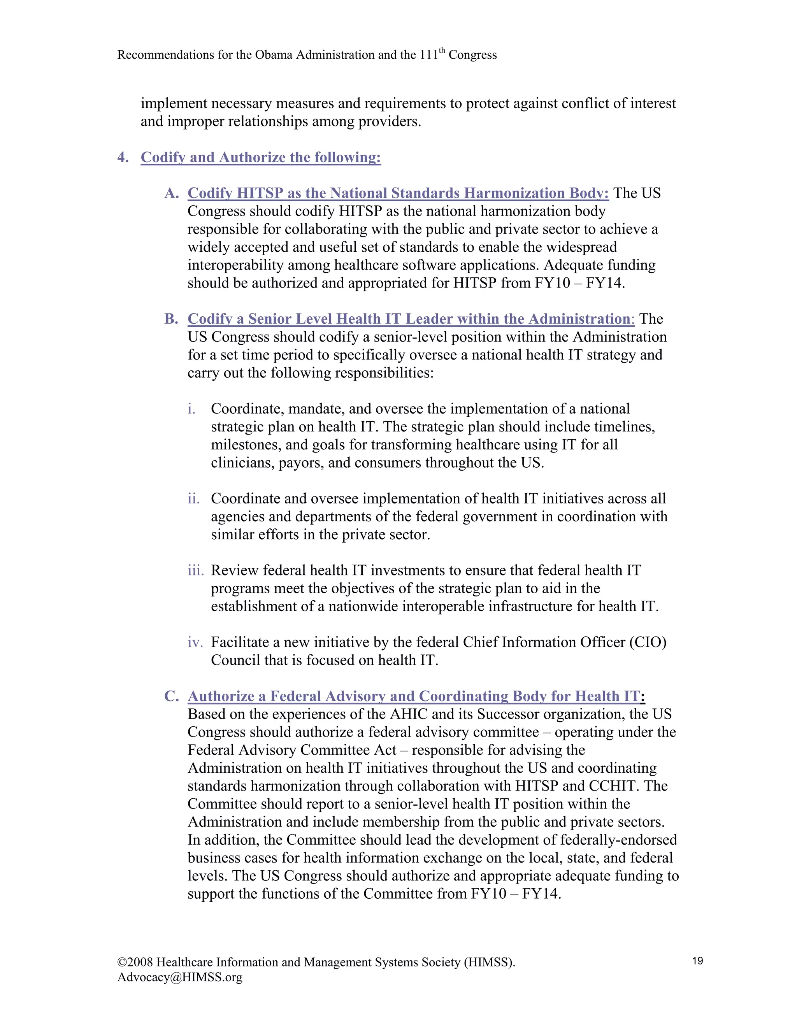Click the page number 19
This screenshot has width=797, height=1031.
(697, 961)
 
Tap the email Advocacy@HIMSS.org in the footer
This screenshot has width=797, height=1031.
(179, 977)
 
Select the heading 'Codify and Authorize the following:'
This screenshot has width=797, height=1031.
(261, 157)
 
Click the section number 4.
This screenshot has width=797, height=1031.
(123, 157)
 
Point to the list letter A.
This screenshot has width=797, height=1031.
(171, 193)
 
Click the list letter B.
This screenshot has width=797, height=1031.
(171, 319)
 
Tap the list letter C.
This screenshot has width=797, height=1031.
(171, 696)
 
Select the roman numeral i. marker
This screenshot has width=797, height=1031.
(191, 409)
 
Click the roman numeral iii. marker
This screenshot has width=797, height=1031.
(195, 570)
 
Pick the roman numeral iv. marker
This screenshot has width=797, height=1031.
(195, 642)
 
